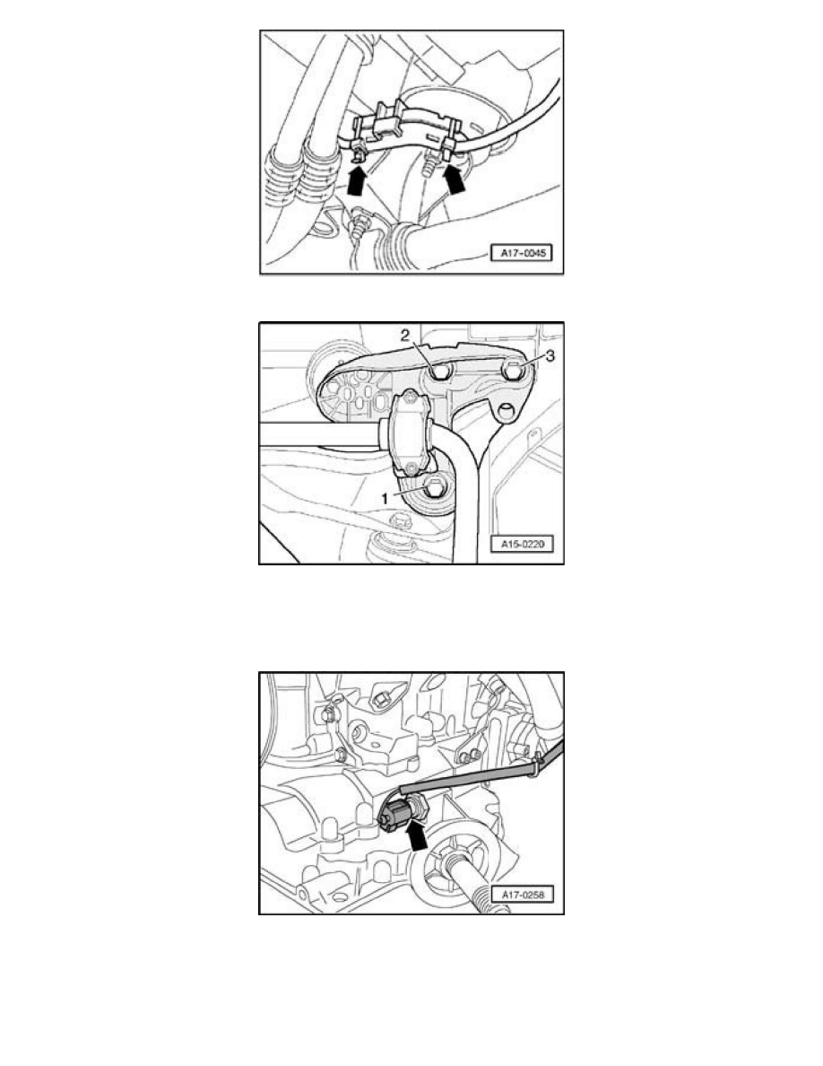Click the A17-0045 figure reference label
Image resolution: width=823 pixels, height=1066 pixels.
pos(522,253)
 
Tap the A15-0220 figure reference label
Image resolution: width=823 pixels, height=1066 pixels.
pos(522,544)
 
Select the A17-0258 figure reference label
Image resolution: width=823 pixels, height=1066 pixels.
pos(522,895)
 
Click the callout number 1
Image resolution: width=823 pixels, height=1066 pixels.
pos(385,498)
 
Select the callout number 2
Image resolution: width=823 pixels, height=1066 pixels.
pos(404,335)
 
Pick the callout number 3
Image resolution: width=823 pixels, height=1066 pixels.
pos(550,355)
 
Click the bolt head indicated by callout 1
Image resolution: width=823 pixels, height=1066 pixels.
pos(435,486)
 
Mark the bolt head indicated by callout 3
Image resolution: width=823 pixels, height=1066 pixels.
pos(514,371)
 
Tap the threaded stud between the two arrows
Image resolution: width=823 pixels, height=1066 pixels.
pos(428,164)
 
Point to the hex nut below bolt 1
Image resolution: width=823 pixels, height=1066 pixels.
pos(401,523)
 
